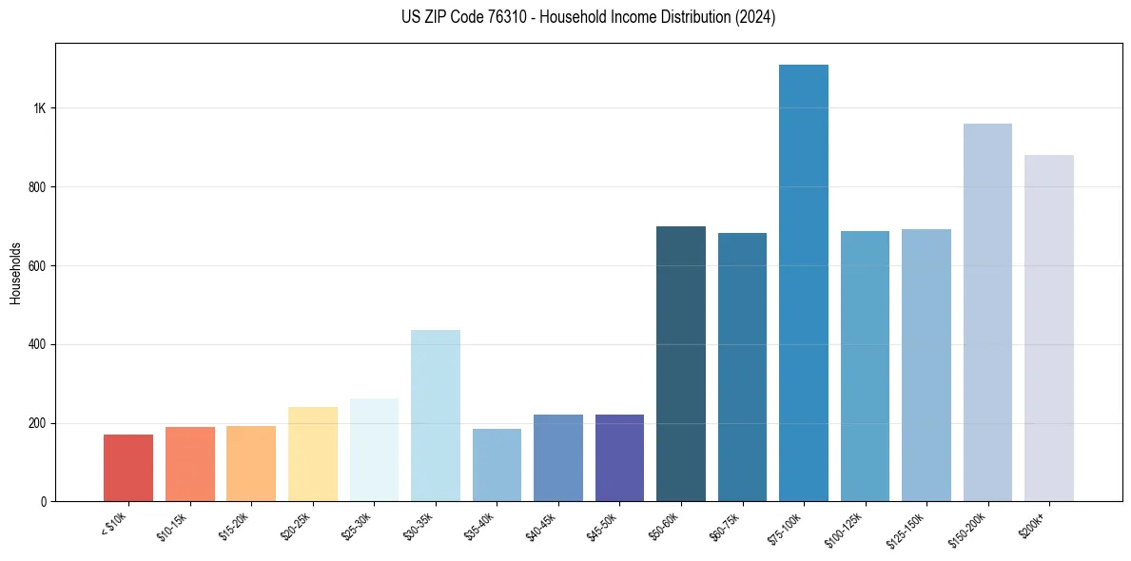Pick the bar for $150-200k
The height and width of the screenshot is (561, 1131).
point(987,313)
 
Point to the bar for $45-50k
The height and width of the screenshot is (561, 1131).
point(619,457)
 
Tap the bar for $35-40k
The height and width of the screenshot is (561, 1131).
point(497,465)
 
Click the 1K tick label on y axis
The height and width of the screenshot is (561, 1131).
point(39,108)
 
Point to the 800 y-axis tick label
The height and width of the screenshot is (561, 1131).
point(36,187)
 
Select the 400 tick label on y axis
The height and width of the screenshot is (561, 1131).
point(36,344)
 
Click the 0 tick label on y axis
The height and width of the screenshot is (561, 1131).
point(44,501)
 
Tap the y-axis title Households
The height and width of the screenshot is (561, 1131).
point(16,272)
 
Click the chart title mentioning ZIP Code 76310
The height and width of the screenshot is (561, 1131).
point(588,17)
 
